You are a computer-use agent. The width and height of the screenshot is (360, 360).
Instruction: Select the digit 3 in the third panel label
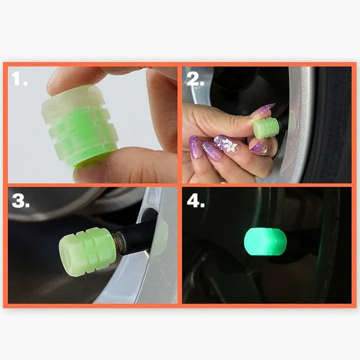(x=17, y=201)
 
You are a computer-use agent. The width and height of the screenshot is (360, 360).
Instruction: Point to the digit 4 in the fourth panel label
(x=192, y=201)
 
